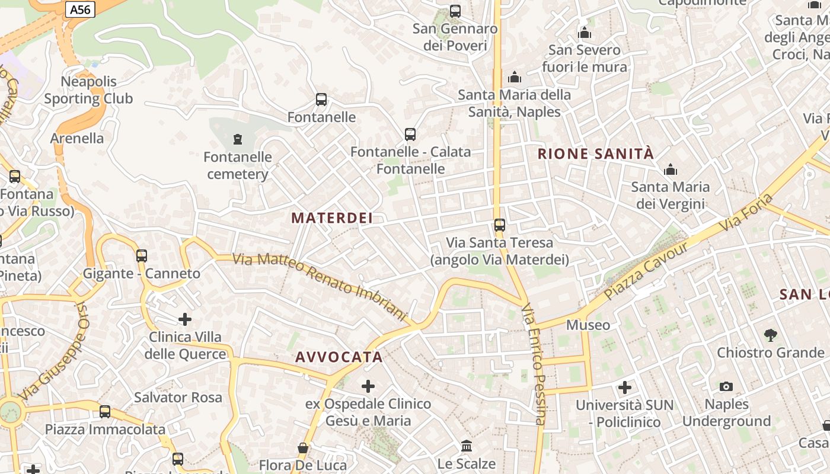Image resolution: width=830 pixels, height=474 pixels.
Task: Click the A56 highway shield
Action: click(81, 9)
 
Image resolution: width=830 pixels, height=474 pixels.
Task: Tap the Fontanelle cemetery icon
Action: click(238, 139)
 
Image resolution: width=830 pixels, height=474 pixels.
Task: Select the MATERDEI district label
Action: click(332, 218)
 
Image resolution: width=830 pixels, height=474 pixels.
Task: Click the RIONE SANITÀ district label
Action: click(595, 154)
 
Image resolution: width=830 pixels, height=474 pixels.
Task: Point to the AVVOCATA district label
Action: click(339, 357)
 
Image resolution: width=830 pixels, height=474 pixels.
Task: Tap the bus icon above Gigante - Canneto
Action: click(141, 256)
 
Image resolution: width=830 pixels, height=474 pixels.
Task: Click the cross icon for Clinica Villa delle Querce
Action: click(185, 319)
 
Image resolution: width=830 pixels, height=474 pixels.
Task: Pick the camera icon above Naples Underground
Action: click(726, 387)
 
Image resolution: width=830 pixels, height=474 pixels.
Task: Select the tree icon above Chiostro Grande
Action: click(770, 335)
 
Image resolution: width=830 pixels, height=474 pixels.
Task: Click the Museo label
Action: click(588, 325)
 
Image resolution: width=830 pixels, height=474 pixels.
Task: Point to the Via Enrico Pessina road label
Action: click(534, 364)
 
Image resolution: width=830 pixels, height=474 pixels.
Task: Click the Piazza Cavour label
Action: click(646, 271)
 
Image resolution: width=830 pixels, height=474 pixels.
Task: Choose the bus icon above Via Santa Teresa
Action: click(500, 225)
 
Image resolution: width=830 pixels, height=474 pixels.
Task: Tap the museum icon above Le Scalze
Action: click(467, 446)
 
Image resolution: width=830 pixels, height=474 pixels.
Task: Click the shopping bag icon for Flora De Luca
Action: click(303, 448)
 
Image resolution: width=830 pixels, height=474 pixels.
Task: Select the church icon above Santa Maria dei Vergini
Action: click(671, 170)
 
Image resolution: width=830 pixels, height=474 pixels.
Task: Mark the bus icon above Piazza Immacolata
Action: click(105, 411)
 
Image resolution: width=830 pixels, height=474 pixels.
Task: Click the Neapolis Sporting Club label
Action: click(88, 90)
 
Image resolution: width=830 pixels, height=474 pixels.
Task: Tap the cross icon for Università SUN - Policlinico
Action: click(625, 387)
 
